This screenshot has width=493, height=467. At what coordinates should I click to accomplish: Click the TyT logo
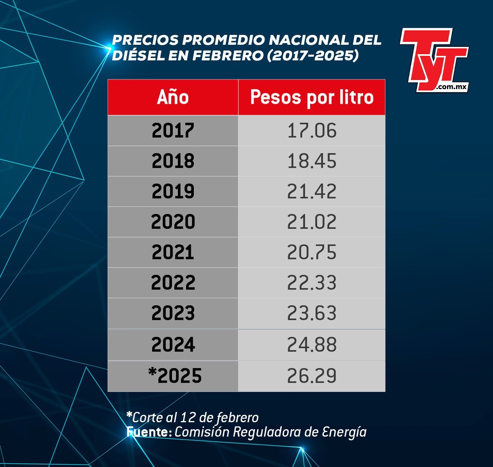tap(434, 60)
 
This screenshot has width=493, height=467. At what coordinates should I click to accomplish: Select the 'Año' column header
tap(173, 97)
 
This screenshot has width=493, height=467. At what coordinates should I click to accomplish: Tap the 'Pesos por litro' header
tap(312, 97)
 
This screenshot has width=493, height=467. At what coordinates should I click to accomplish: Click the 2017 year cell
tap(173, 131)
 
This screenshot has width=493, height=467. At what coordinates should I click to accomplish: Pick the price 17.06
tap(312, 131)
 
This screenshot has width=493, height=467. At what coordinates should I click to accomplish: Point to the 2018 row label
tap(173, 161)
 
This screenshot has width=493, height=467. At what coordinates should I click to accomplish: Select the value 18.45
tap(312, 161)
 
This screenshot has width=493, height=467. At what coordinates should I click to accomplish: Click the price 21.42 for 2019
tap(312, 191)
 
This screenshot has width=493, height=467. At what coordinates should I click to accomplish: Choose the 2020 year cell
tap(173, 222)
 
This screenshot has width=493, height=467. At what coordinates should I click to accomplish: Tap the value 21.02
tap(312, 222)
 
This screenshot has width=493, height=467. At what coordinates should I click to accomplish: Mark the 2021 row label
tap(173, 252)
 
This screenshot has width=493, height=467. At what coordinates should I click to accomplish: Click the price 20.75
tap(312, 252)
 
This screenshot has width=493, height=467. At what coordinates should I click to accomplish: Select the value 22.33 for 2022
tap(312, 283)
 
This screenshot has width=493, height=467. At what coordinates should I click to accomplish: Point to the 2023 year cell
tap(173, 313)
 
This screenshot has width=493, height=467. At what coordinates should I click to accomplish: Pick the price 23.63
tap(312, 313)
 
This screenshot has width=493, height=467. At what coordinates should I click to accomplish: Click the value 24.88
tap(312, 345)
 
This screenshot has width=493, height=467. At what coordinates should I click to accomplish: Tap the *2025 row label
tap(175, 376)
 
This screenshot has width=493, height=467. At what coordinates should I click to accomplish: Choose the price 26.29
tap(312, 376)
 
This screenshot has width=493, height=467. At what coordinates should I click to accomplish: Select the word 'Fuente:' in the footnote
tap(149, 432)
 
